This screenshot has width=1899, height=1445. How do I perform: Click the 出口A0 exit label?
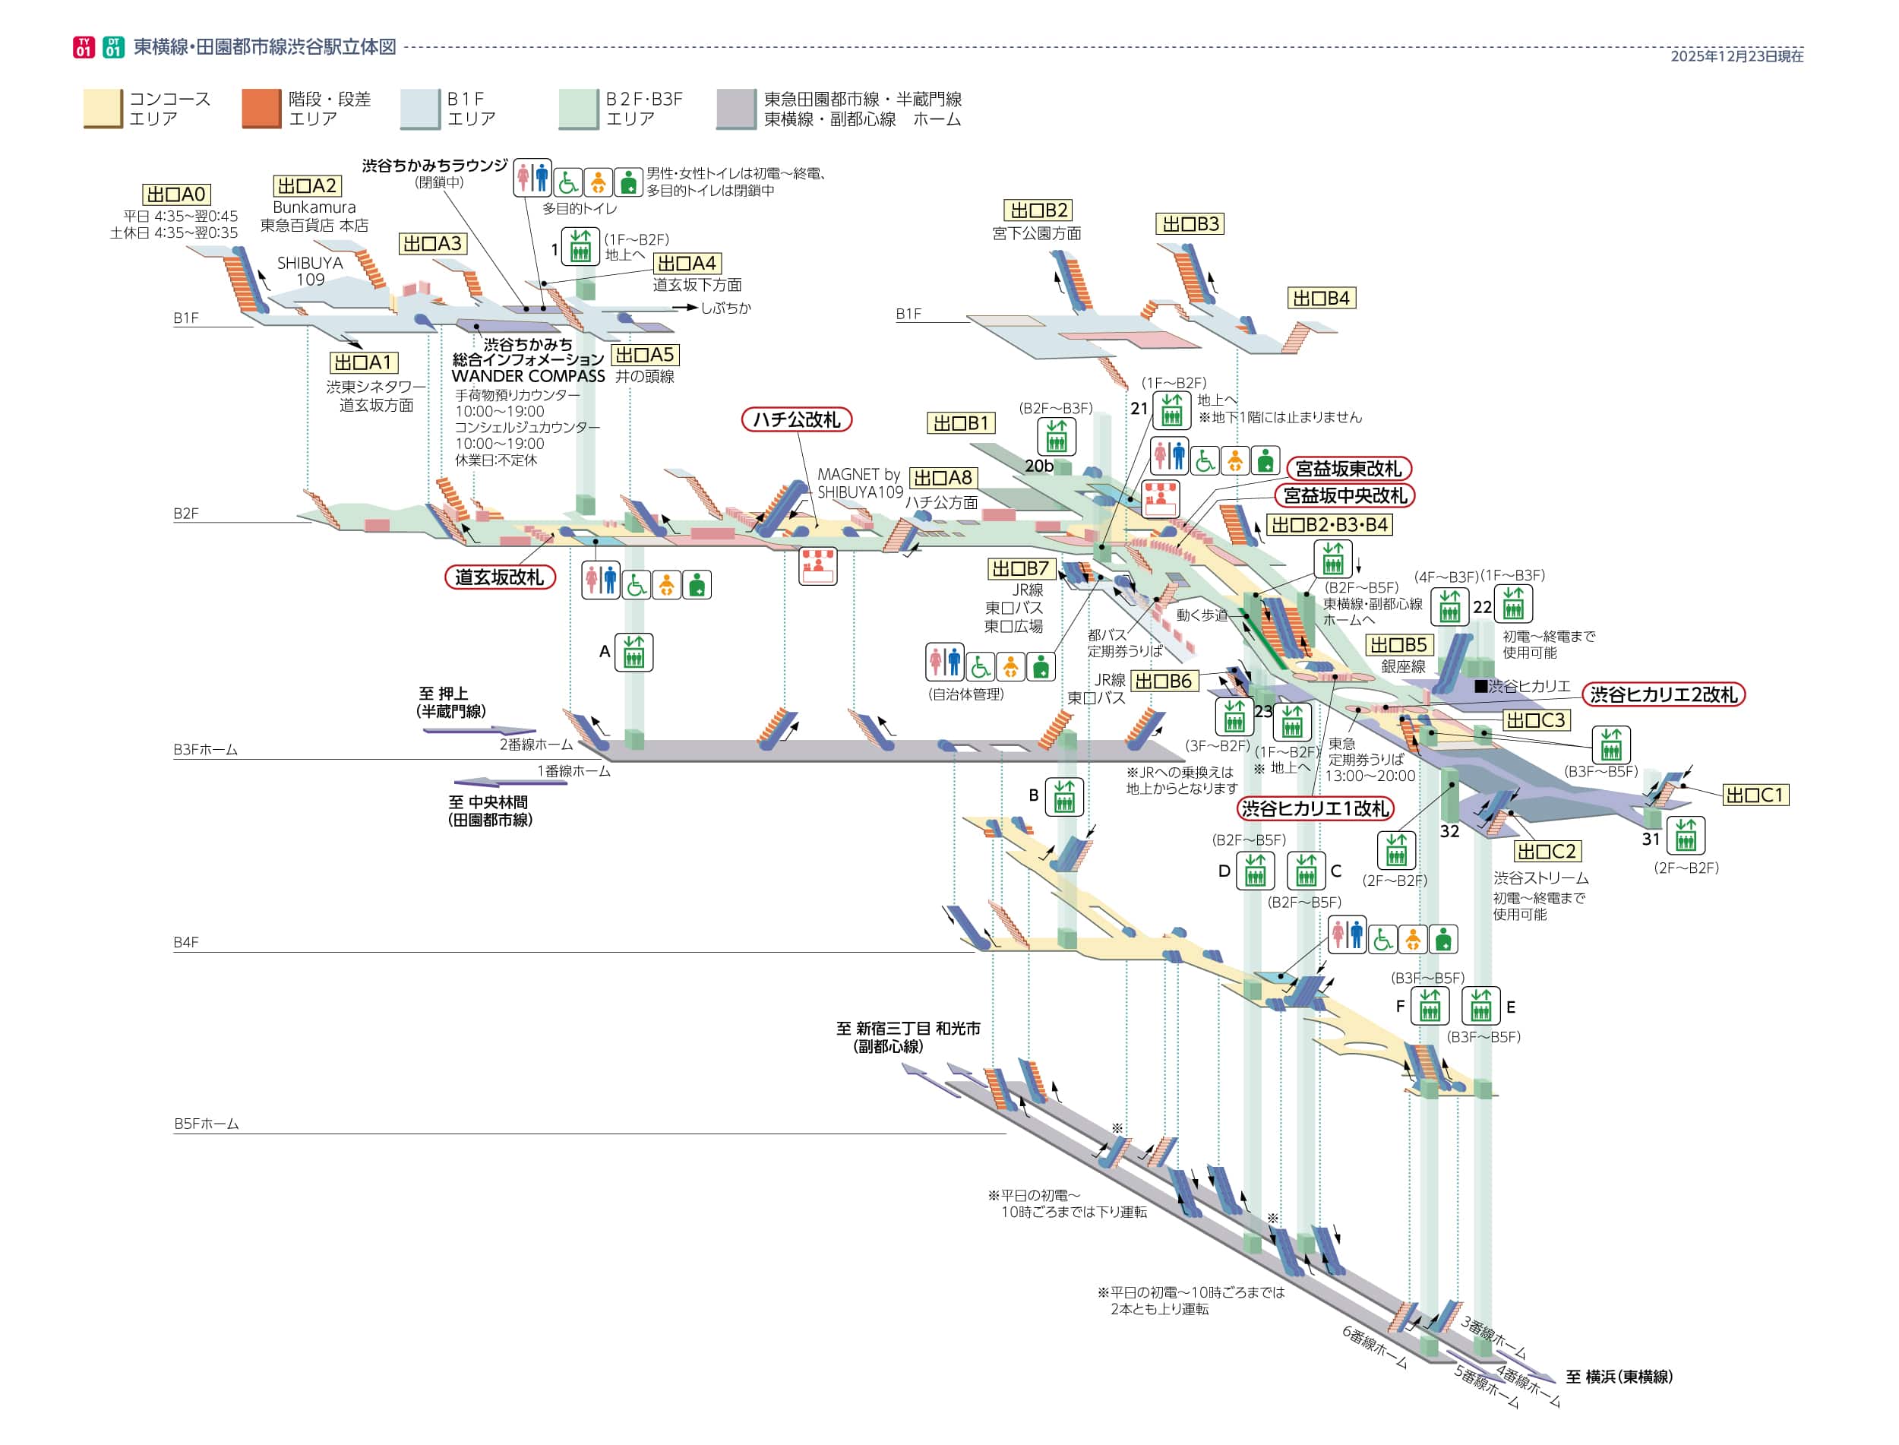(x=175, y=194)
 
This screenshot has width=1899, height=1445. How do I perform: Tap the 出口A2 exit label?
(x=307, y=186)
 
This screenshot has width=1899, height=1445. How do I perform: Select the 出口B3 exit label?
(x=1190, y=223)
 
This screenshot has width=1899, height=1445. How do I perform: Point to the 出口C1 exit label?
(x=1755, y=795)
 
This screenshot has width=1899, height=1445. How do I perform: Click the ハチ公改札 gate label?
(x=795, y=419)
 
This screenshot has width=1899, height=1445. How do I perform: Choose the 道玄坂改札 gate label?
(x=499, y=577)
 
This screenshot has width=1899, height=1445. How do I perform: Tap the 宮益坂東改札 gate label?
(x=1348, y=469)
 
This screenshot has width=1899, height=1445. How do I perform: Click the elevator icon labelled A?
(x=634, y=652)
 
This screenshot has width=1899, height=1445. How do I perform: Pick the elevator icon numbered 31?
(x=1685, y=835)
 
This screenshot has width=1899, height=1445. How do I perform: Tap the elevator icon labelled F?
(x=1430, y=1005)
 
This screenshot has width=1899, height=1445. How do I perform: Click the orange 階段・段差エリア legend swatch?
(x=261, y=109)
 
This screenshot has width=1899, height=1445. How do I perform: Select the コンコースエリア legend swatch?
(x=103, y=109)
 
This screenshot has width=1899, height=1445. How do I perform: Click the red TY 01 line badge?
(x=84, y=47)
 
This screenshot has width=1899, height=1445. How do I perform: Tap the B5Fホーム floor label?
(x=207, y=1124)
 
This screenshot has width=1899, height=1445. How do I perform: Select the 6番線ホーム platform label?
(x=1373, y=1347)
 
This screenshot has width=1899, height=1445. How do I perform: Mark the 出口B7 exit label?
(x=1020, y=568)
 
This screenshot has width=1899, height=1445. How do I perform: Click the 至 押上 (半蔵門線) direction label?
(x=450, y=702)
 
